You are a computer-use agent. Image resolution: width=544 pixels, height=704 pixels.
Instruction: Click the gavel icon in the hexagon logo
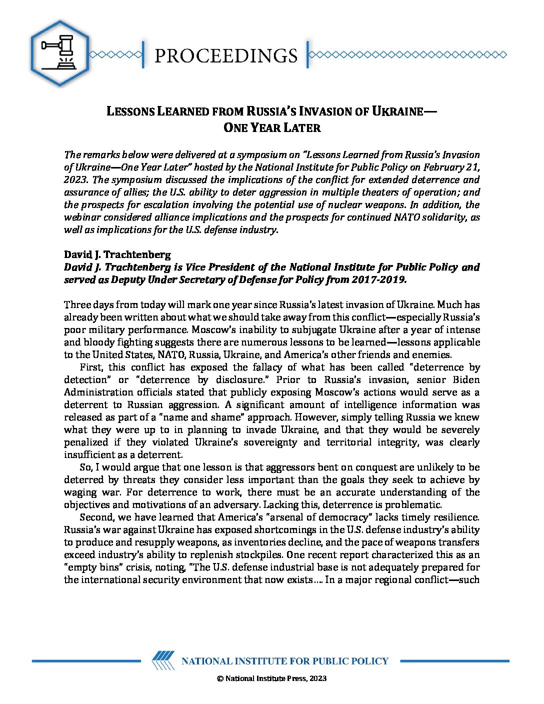pyautogui.click(x=59, y=53)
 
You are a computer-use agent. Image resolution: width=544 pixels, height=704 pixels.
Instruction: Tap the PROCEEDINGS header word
pyautogui.click(x=225, y=55)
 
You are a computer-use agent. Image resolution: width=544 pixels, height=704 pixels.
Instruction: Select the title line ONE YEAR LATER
pyautogui.click(x=272, y=128)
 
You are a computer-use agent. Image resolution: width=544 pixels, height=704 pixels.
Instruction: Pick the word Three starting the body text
pyautogui.click(x=76, y=304)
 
